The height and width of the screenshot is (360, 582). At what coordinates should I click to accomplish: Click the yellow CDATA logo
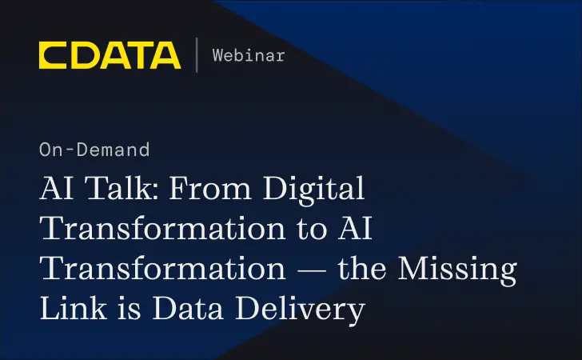(110, 54)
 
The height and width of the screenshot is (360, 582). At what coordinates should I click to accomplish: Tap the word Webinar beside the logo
(249, 55)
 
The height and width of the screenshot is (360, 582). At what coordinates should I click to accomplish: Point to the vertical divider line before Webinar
(197, 54)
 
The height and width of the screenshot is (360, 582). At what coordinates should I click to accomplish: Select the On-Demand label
(94, 149)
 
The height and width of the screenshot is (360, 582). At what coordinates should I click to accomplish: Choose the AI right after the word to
(355, 229)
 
